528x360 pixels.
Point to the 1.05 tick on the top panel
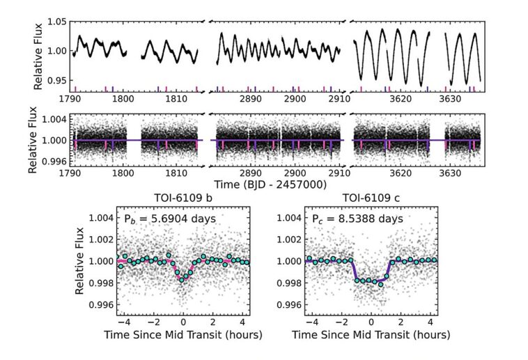click(56, 22)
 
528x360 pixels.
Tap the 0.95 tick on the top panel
click(56, 81)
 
